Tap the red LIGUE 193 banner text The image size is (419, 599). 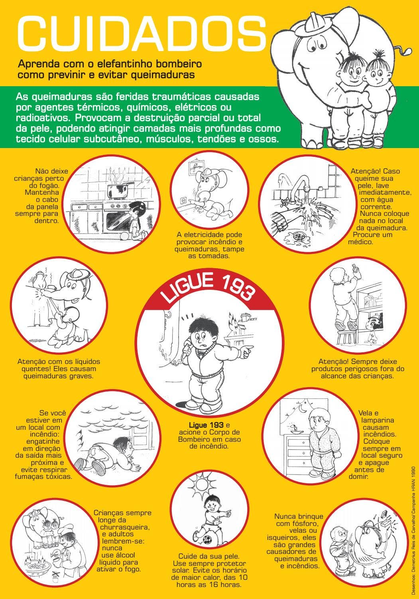(208, 288)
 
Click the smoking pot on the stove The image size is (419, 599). (118, 189)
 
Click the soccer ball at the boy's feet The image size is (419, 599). (207, 540)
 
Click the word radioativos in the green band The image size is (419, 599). (43, 118)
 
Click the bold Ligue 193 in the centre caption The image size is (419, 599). (206, 425)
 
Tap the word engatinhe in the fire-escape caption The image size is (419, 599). (43, 441)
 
